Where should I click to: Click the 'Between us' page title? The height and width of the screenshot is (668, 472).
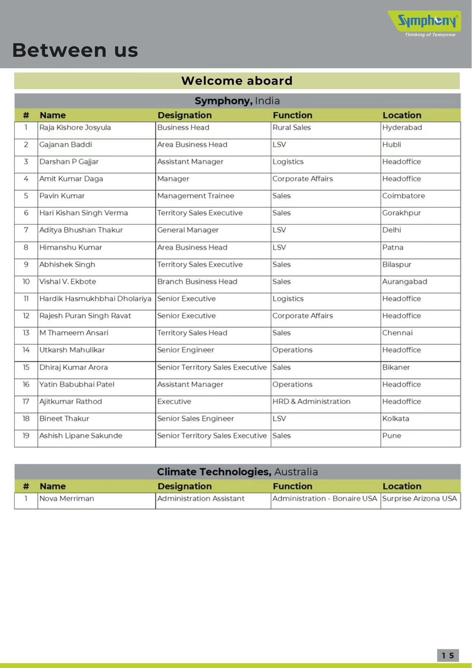tap(75, 50)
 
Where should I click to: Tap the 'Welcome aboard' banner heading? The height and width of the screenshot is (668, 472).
tap(237, 81)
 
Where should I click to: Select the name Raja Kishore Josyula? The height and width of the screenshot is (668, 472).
tap(75, 128)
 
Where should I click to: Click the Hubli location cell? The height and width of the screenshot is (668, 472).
tap(392, 145)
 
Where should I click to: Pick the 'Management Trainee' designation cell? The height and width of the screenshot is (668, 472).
tap(195, 196)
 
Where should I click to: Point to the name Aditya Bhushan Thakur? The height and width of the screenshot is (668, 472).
tap(81, 230)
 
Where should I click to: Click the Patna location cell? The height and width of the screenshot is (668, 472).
tap(393, 248)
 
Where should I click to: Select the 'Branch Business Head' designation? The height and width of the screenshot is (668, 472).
tap(197, 282)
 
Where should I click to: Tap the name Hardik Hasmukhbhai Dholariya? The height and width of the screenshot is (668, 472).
tap(95, 299)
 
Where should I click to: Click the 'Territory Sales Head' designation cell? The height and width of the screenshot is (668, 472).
tap(192, 333)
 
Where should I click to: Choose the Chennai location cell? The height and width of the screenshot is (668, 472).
tap(398, 333)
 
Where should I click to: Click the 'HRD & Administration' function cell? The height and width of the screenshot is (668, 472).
tap(311, 402)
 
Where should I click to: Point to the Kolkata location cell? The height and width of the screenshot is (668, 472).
tap(396, 419)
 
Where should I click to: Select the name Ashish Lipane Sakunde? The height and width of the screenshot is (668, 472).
tap(81, 436)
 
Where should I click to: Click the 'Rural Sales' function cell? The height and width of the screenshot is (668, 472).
tap(292, 128)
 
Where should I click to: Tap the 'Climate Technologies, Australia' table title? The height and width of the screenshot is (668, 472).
tap(237, 472)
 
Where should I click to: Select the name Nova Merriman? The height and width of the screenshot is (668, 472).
tap(67, 499)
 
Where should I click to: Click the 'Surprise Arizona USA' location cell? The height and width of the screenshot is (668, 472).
tap(420, 499)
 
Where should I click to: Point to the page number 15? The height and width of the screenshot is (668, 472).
tap(448, 655)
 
